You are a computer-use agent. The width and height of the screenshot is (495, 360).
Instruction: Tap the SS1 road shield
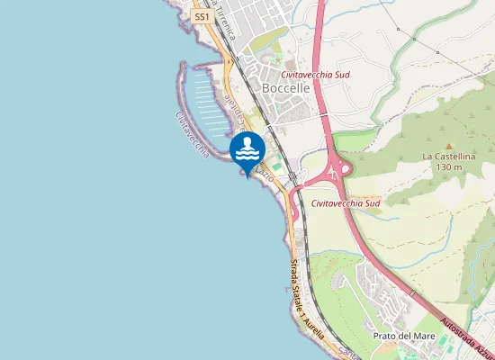tap(201, 17)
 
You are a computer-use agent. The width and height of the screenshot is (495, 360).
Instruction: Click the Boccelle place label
tap(286, 89)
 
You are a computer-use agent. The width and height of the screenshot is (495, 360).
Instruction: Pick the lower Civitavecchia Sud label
tap(346, 203)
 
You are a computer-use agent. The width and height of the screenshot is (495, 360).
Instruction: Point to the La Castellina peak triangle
tap(447, 144)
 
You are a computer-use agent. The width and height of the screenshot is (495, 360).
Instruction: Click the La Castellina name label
tap(447, 156)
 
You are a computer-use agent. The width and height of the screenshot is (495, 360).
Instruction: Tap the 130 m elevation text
tap(447, 166)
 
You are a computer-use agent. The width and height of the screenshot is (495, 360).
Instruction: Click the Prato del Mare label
tap(404, 337)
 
